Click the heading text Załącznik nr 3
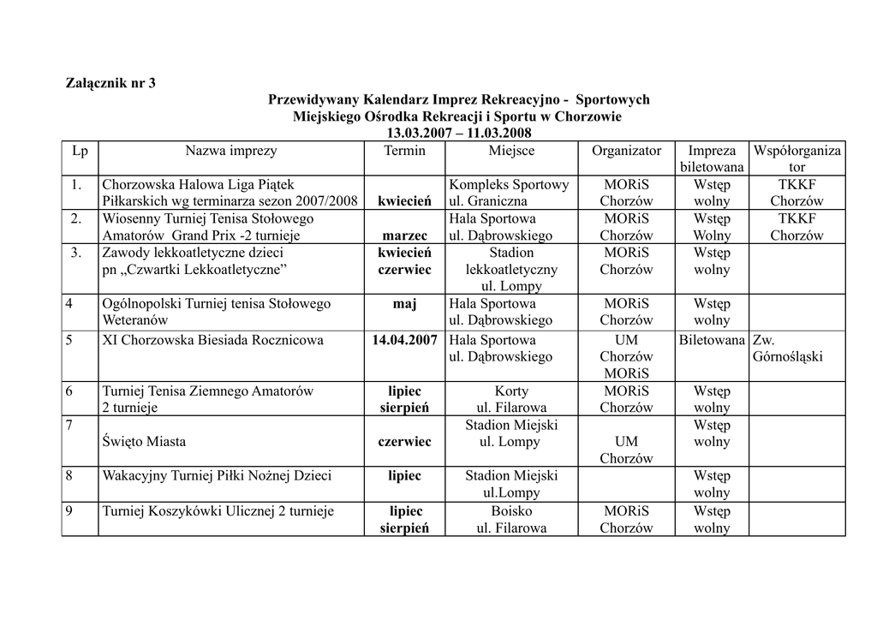[111, 83]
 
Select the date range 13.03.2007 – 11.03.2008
[458, 133]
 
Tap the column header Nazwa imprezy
[231, 151]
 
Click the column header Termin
[404, 151]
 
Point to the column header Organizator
[626, 151]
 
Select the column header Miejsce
[511, 151]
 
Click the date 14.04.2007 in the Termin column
[404, 340]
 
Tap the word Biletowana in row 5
[712, 340]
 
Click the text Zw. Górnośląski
[787, 348]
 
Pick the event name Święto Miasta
[144, 442]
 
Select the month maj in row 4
[404, 303]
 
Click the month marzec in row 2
[404, 235]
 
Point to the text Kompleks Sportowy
[509, 184]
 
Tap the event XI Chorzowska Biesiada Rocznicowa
[212, 340]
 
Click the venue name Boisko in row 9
[511, 511]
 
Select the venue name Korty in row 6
[511, 391]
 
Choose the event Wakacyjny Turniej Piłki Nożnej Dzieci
[217, 476]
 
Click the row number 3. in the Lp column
[80, 253]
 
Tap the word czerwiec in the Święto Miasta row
[404, 442]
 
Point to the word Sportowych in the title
[612, 100]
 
